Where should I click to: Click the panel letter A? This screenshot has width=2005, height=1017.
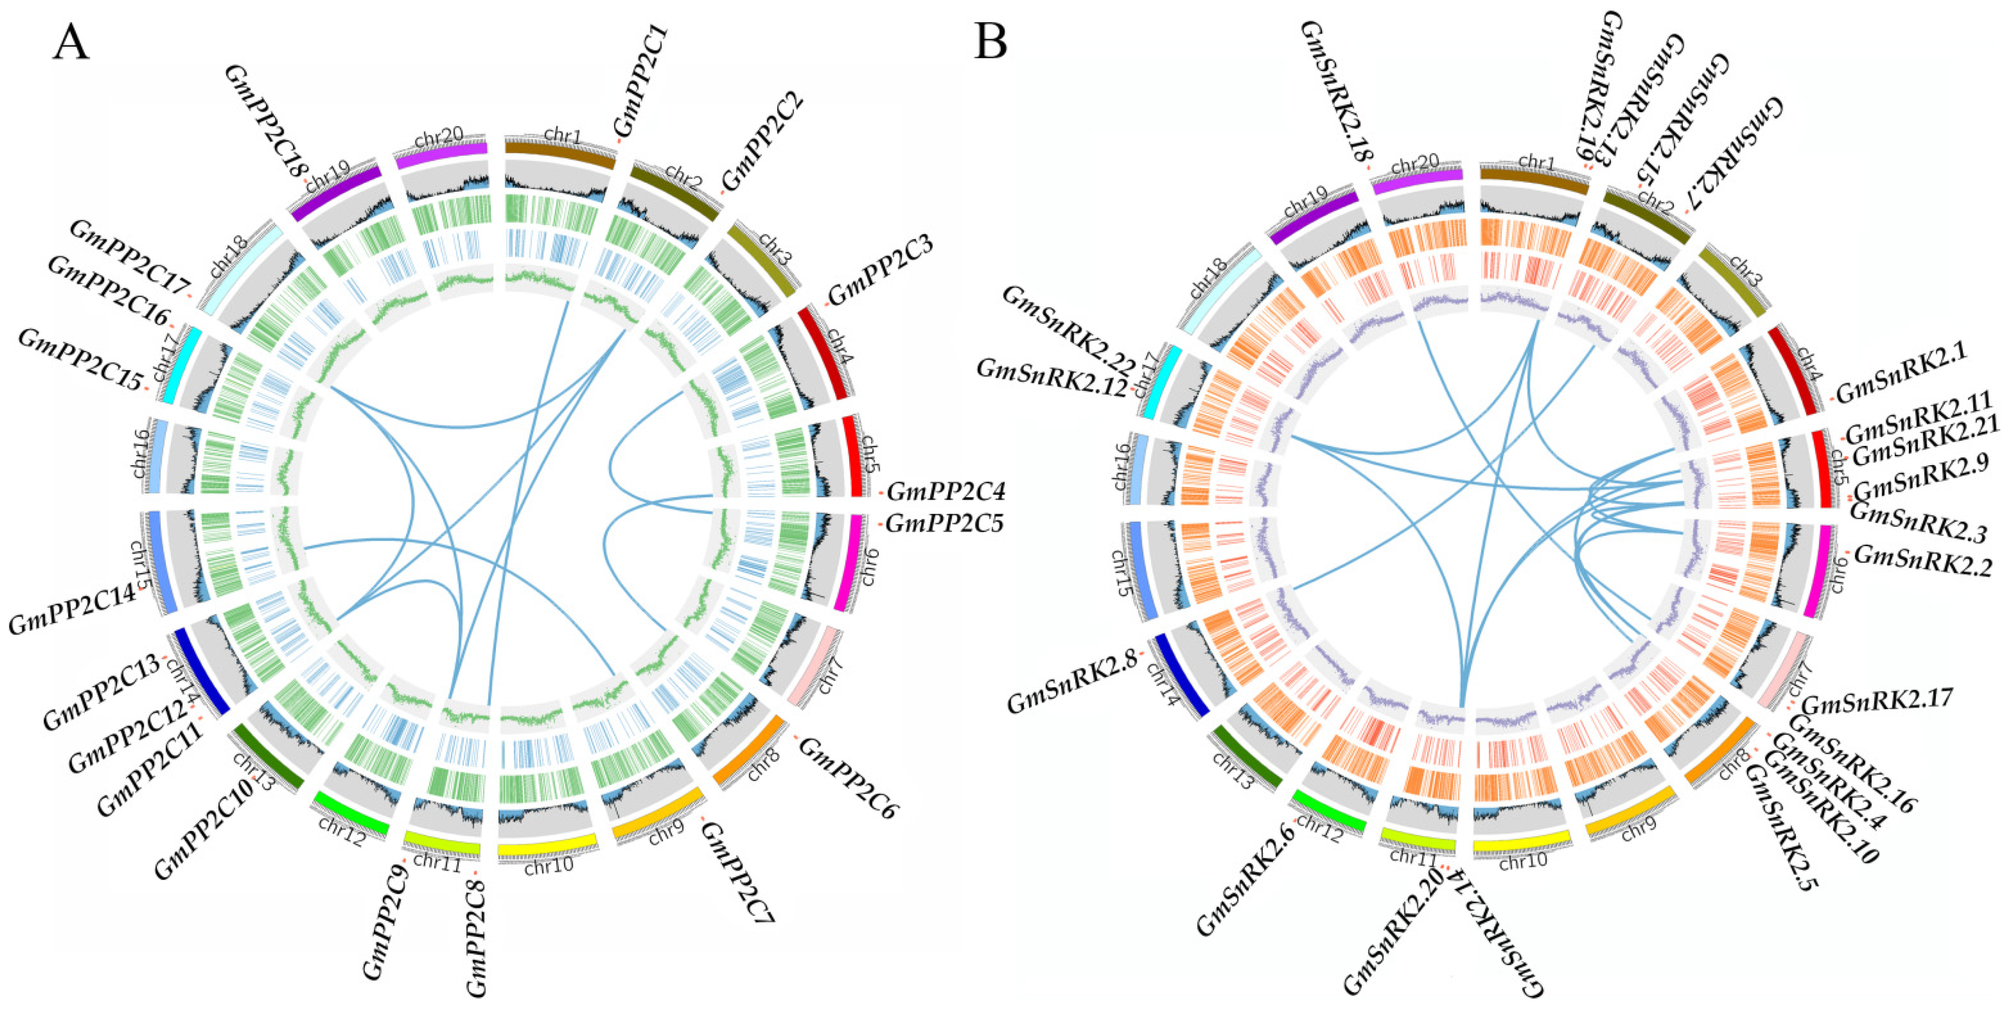pos(71,43)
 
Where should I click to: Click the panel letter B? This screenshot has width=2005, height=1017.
pos(991,43)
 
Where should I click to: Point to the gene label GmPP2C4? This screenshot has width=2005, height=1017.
pos(946,492)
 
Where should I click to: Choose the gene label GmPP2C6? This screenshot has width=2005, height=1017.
pos(848,778)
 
